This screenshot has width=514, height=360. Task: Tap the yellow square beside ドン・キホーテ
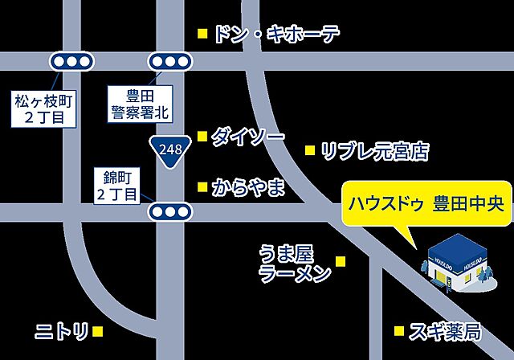point(202,34)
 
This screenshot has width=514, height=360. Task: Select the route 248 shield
point(169,150)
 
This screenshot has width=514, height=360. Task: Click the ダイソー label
point(247,137)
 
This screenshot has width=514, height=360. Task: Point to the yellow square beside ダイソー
point(202,135)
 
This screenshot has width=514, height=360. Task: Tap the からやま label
point(248,188)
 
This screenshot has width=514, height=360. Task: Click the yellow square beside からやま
point(202,187)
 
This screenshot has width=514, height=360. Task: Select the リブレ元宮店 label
point(374,150)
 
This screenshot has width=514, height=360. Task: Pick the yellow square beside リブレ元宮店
point(310,150)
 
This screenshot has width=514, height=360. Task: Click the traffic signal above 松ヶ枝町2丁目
point(71,61)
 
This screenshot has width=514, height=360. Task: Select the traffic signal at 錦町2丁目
point(169,211)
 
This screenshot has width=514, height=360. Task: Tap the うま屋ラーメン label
point(295,264)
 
